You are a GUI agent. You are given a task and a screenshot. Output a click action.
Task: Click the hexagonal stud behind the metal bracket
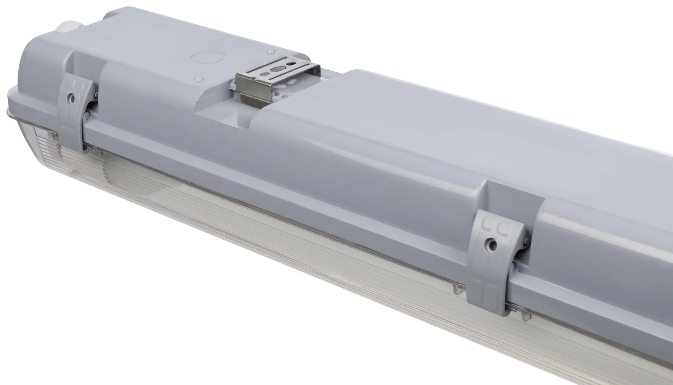270,52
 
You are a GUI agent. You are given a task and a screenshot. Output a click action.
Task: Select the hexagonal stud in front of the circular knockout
198,80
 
